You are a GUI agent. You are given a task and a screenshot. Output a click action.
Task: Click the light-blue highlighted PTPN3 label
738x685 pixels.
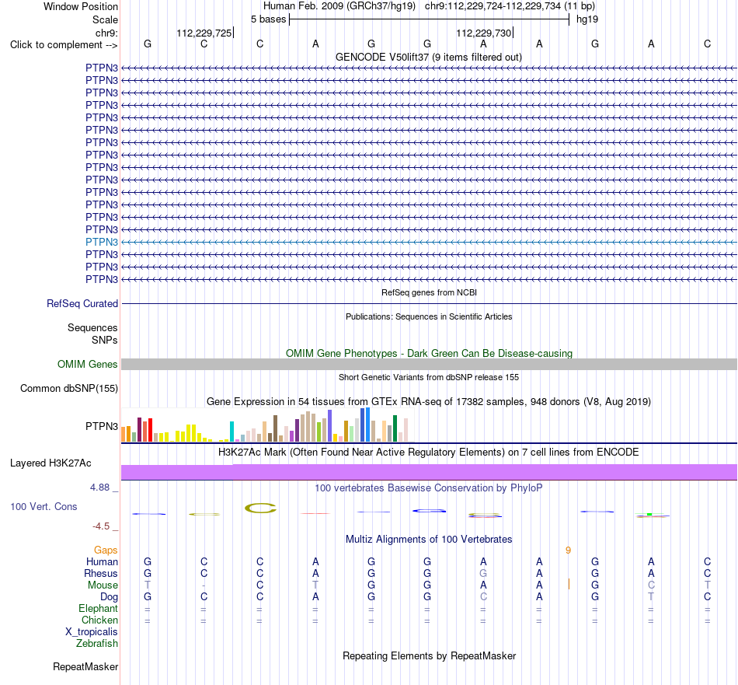[x=102, y=242]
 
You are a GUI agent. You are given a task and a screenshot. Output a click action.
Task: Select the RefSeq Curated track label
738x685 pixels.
[x=82, y=304]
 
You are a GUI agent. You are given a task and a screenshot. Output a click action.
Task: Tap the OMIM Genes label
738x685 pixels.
[x=88, y=364]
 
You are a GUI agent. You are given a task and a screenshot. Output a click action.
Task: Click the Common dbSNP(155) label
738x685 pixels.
[x=69, y=388]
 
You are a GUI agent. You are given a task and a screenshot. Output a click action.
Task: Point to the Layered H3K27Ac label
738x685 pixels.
[x=50, y=463]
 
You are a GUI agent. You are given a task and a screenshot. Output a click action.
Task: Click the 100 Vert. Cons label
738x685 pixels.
[x=44, y=506]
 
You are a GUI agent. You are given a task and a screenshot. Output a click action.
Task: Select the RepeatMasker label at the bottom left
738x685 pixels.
[x=85, y=666]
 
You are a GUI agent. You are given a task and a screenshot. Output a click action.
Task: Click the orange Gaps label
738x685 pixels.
[x=106, y=550]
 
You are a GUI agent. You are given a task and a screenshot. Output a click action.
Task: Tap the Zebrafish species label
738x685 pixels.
[x=97, y=644]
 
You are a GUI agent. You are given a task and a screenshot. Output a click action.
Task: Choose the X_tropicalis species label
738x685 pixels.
[x=92, y=632]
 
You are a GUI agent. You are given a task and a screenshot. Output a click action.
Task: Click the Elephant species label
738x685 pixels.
[x=99, y=608]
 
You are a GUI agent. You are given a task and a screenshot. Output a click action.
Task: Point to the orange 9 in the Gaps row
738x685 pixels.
[x=568, y=550]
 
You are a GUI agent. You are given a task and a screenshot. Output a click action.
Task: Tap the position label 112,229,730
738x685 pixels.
[x=483, y=33]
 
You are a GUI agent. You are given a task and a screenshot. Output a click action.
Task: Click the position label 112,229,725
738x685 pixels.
[x=204, y=33]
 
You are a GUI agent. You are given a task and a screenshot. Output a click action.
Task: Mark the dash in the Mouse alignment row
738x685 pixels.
[x=204, y=585]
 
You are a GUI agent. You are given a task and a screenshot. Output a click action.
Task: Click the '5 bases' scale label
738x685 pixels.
[x=268, y=19]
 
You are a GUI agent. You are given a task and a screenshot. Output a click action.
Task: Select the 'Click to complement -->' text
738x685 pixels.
[x=64, y=45]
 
